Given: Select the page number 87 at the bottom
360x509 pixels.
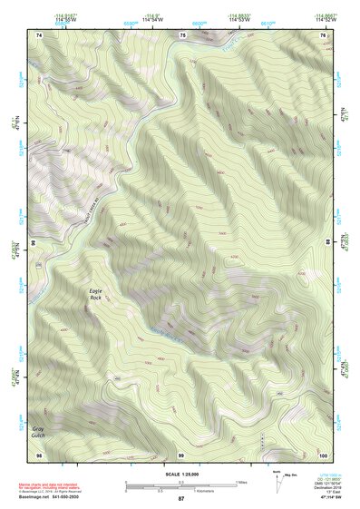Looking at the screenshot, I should click(181, 499).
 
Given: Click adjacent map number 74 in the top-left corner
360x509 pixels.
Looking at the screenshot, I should click(39, 34).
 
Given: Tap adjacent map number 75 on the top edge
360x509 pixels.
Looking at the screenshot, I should click(182, 34).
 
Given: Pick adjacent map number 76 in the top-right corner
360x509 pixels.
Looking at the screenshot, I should click(323, 34).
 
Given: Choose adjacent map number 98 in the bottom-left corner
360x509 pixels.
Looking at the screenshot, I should click(39, 453).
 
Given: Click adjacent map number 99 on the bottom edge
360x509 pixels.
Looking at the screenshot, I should click(181, 453).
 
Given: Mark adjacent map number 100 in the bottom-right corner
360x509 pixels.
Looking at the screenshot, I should click(322, 453).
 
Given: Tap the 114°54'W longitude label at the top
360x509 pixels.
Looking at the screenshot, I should click(152, 20).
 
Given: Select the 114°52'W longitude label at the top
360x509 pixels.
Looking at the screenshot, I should click(325, 20).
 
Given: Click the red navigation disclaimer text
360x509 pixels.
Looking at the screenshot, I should click(50, 486).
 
